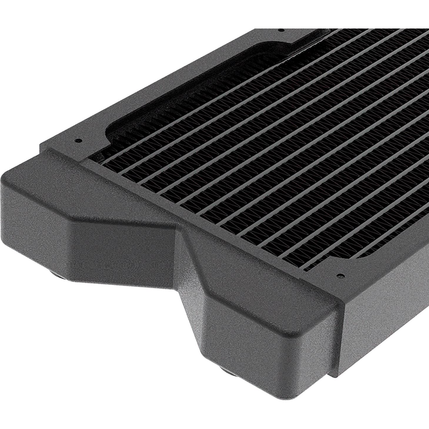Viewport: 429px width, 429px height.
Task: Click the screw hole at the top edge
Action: (280, 30)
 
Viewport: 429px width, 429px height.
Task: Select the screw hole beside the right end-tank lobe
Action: (341, 276)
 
